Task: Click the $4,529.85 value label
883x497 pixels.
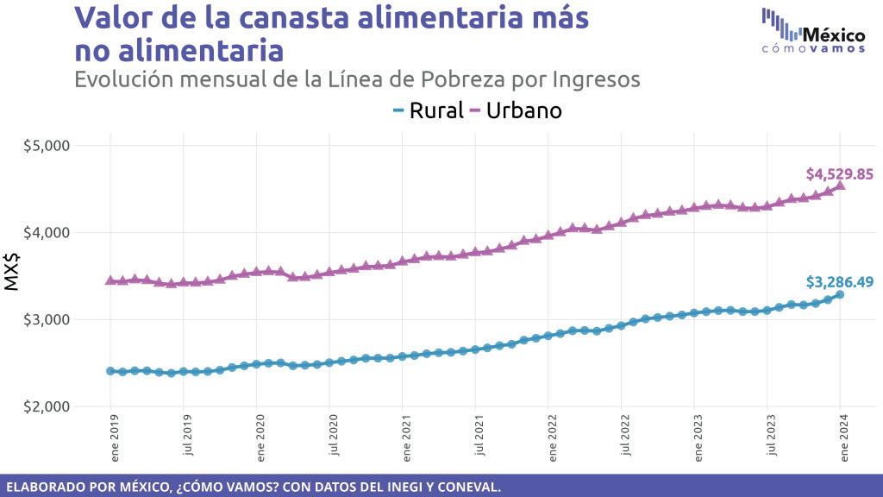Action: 839,174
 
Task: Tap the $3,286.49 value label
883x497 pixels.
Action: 839,281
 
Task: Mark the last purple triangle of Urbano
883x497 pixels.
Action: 841,184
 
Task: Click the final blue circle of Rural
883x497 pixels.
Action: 841,294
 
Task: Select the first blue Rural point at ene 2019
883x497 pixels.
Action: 110,371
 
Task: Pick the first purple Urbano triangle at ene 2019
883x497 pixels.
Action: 110,280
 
